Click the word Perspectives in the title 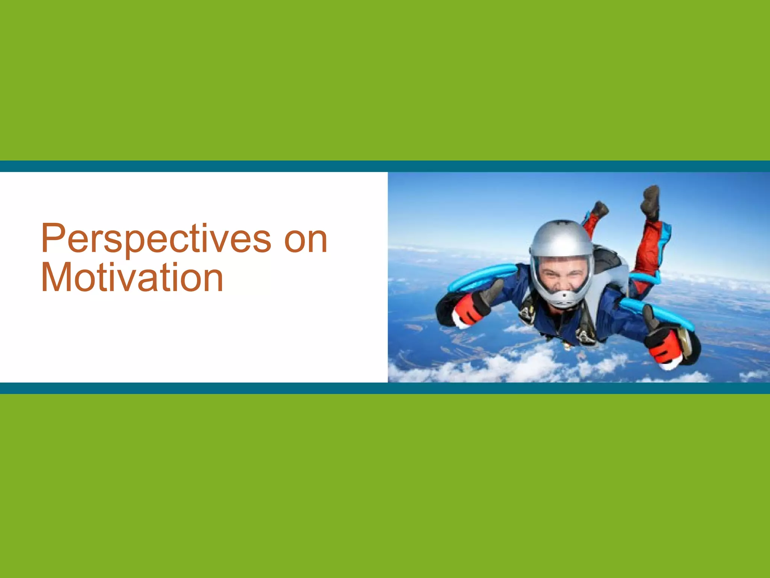156,239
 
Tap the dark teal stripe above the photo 385,166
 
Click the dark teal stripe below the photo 385,388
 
